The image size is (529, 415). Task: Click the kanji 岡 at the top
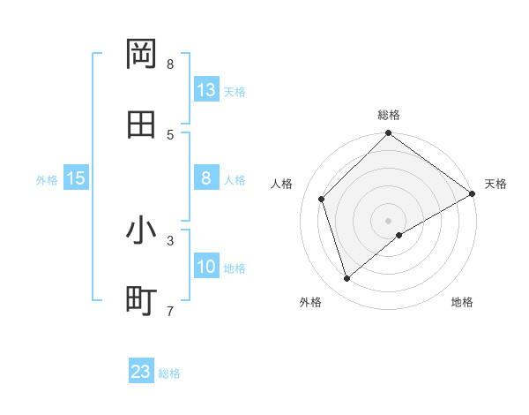coord(141,55)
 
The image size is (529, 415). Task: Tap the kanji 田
coord(141,124)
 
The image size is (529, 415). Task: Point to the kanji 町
coord(141,301)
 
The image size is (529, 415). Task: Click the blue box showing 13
coord(206,90)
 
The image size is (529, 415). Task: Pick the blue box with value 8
coord(206,178)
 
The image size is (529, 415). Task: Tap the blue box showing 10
coord(206,267)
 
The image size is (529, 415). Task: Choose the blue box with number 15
coord(76,178)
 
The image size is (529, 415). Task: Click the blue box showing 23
coord(141,372)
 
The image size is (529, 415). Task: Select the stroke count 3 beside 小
coord(170,239)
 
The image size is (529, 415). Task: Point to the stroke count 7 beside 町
coord(170,310)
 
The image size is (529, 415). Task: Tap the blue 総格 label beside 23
coord(169,373)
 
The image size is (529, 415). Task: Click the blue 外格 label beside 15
coord(47,180)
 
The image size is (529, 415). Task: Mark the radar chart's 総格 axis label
coord(389,115)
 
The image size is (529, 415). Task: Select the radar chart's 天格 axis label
coord(495,184)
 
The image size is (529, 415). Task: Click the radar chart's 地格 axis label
coord(462,302)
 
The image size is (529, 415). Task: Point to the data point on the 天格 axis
coord(473,193)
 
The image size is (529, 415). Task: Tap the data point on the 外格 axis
coord(347,278)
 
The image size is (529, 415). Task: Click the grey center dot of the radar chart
coord(389,220)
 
